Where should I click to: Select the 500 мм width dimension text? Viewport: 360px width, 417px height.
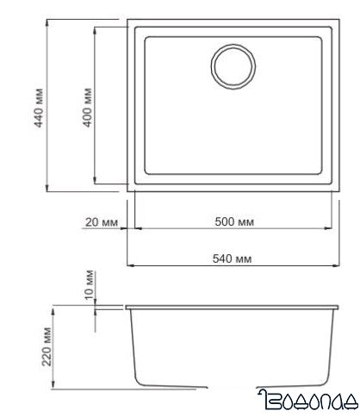pos(233,221)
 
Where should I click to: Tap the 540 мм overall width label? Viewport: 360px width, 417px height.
pos(233,258)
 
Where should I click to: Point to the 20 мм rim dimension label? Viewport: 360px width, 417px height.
pos(102,221)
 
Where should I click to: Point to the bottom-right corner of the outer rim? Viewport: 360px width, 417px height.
pos(338,192)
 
